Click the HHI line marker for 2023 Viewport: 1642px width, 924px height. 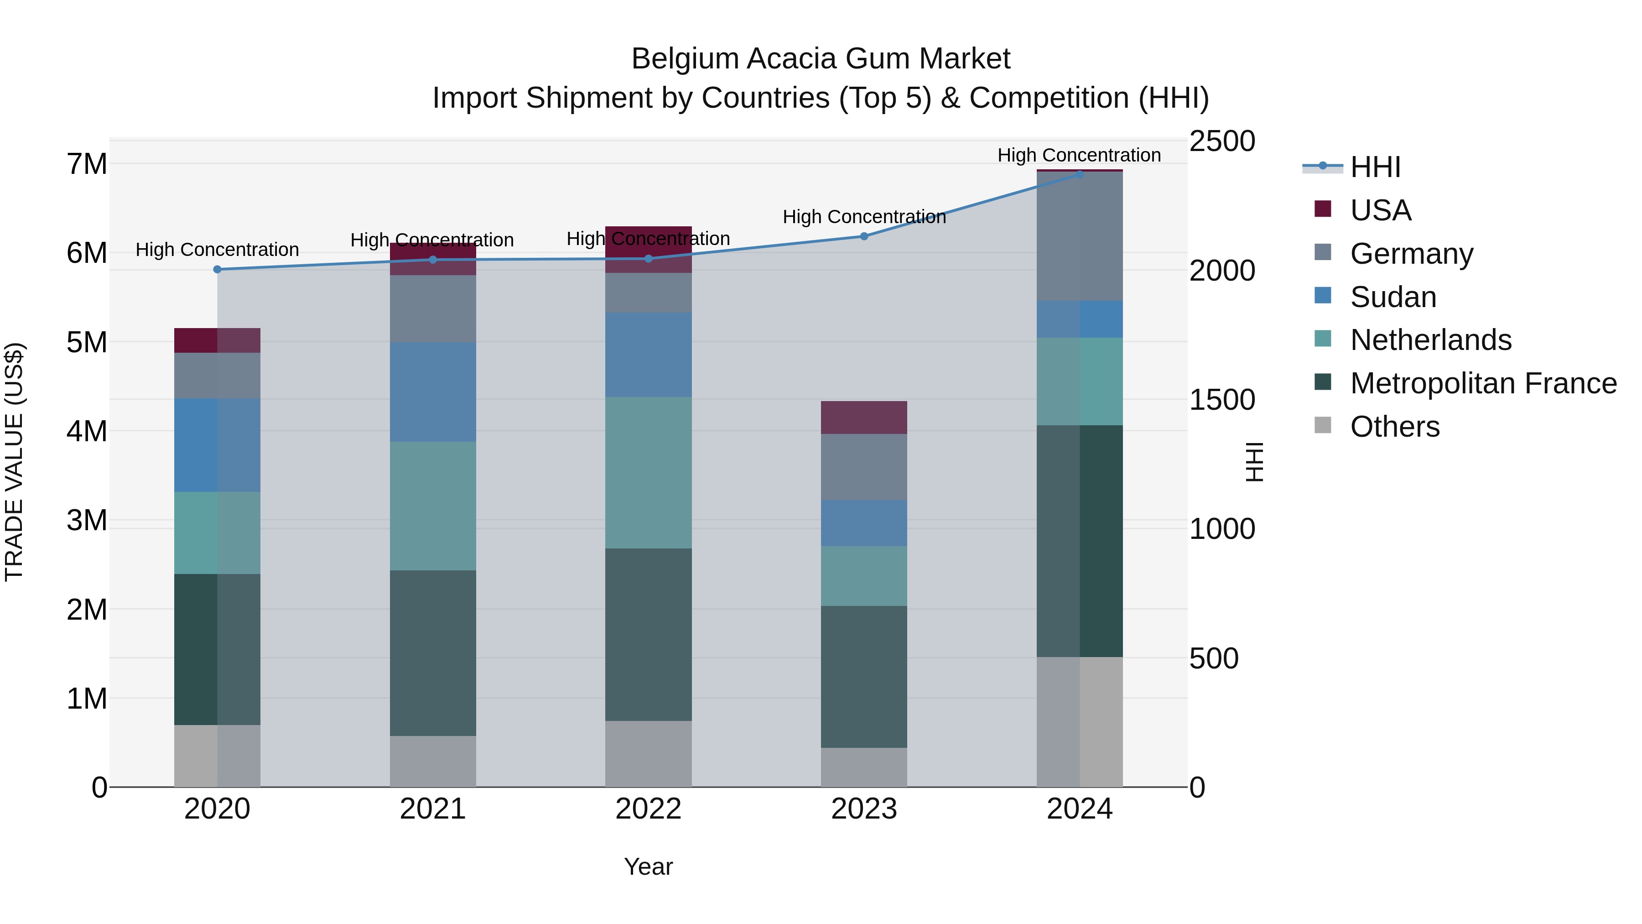tap(864, 236)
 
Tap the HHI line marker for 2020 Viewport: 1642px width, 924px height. tap(218, 270)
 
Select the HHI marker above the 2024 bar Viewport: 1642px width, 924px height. tap(1080, 174)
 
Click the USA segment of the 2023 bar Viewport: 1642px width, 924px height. tap(864, 418)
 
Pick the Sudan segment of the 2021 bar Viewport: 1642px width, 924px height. tap(433, 392)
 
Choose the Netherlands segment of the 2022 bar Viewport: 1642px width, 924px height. tap(648, 473)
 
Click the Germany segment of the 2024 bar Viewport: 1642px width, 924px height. tap(1080, 236)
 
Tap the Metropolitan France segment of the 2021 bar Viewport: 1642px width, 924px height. tap(433, 653)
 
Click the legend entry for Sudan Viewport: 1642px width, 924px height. tap(1393, 297)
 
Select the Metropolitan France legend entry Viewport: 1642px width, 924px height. tap(1483, 383)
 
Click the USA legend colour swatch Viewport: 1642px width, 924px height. tap(1323, 209)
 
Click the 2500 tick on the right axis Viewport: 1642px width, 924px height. tap(1222, 141)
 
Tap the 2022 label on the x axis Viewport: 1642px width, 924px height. tap(648, 809)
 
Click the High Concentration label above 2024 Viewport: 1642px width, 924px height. tap(1079, 155)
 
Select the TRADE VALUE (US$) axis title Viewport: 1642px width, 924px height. tap(14, 462)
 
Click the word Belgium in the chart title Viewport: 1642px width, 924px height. tap(684, 59)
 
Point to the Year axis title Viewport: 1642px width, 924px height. tap(648, 867)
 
